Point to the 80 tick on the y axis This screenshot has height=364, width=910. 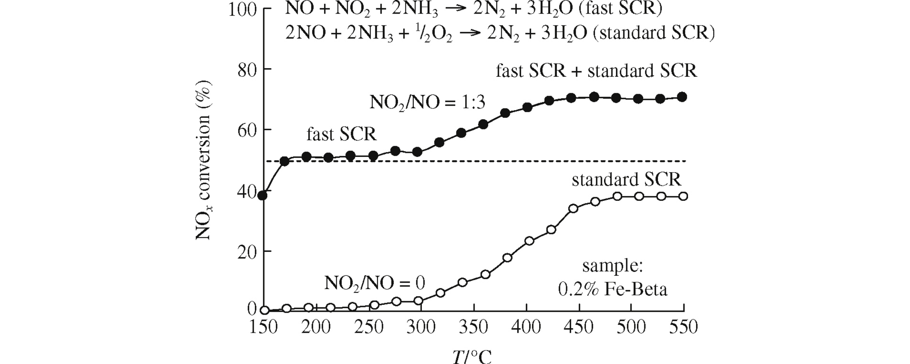pyautogui.click(x=247, y=70)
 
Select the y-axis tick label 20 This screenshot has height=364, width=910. pyautogui.click(x=247, y=251)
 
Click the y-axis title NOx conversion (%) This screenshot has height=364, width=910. pyautogui.click(x=203, y=160)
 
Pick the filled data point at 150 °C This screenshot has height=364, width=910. pyautogui.click(x=262, y=196)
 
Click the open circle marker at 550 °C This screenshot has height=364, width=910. pyautogui.click(x=683, y=196)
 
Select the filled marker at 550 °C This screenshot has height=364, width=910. pyautogui.click(x=682, y=97)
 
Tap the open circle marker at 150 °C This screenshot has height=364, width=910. pyautogui.click(x=265, y=310)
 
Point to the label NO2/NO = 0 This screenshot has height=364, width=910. pyautogui.click(x=374, y=283)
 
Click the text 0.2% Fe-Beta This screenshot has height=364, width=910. pyautogui.click(x=612, y=290)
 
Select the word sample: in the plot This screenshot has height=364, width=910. pyautogui.click(x=612, y=266)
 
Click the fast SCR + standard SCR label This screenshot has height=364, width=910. pyautogui.click(x=596, y=71)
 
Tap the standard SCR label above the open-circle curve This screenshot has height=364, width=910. pyautogui.click(x=626, y=180)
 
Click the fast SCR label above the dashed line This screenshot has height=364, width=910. pyautogui.click(x=341, y=134)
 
